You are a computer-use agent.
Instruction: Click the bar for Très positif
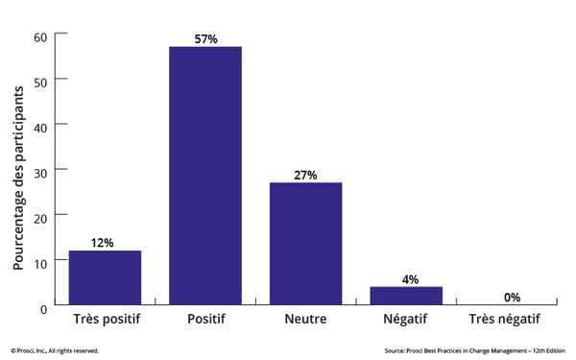click(105, 278)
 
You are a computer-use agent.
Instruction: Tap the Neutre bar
click(305, 244)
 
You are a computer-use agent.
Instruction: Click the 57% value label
click(205, 39)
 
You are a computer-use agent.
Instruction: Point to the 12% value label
click(105, 243)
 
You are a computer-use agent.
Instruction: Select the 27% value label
click(305, 175)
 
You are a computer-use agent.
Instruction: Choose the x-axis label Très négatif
click(506, 320)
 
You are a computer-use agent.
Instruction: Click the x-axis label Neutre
click(305, 320)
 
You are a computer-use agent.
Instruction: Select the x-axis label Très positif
click(105, 320)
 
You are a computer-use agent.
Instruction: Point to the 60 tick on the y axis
click(40, 36)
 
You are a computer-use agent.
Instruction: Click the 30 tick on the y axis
click(40, 170)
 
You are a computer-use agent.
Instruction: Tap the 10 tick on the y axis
click(40, 261)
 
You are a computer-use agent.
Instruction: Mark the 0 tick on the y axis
click(43, 306)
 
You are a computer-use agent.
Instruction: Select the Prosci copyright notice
click(55, 350)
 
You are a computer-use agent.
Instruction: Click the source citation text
click(476, 350)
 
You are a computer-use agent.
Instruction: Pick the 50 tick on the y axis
click(40, 80)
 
